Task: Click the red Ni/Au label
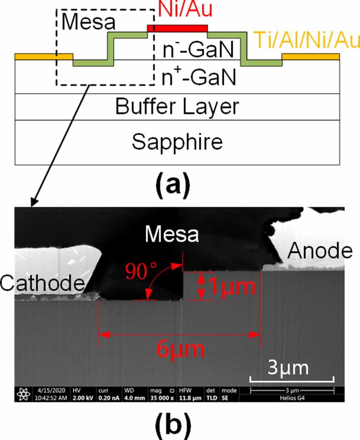click(x=185, y=9)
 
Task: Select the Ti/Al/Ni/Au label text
click(x=307, y=40)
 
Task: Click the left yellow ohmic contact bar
click(x=44, y=57)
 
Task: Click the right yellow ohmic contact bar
click(x=311, y=57)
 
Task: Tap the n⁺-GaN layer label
click(x=198, y=77)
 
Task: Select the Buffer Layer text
click(x=177, y=106)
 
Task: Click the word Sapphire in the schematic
click(x=177, y=142)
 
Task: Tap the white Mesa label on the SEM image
click(x=172, y=234)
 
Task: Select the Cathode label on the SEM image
click(x=42, y=282)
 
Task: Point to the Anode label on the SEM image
click(x=320, y=251)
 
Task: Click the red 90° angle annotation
click(x=141, y=271)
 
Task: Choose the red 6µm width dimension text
click(x=180, y=349)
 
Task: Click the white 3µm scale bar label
click(x=288, y=368)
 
